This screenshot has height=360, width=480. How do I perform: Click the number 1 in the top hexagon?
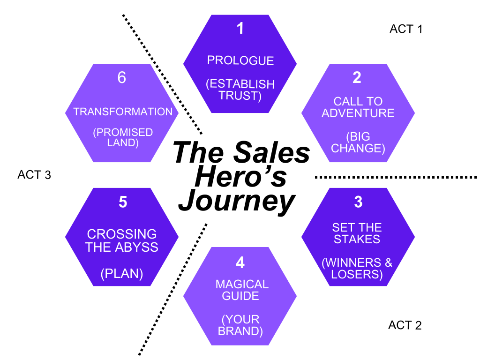tap(240, 29)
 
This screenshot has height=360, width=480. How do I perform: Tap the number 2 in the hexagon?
tap(357, 78)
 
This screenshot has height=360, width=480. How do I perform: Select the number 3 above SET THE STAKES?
tap(358, 202)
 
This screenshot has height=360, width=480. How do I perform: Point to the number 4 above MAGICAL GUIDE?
tap(240, 262)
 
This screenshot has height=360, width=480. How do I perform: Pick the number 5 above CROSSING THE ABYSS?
tap(123, 202)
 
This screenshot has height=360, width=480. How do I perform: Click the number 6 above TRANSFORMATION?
tap(122, 78)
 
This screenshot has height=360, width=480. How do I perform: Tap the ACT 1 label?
tap(406, 29)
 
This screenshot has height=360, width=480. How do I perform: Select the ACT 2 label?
tap(405, 325)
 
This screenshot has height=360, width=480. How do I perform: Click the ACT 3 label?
tap(34, 175)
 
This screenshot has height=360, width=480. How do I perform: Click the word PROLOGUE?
tap(240, 60)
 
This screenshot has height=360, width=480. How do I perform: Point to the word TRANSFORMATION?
tap(123, 112)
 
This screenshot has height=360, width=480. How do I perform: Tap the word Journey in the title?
tap(237, 202)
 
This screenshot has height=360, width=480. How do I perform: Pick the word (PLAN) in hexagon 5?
tap(122, 274)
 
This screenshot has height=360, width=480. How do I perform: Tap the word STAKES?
tap(358, 240)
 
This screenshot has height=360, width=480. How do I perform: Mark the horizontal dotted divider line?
tap(396, 177)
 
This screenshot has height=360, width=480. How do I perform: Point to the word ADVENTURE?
tap(358, 113)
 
